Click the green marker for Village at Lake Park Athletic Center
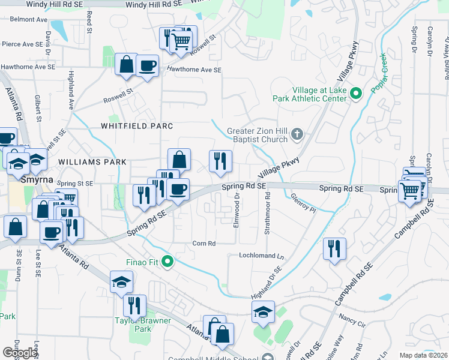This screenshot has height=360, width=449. [355, 93]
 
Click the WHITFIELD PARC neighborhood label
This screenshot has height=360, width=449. [137, 126]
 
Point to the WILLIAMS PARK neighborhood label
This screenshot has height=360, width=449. [92, 162]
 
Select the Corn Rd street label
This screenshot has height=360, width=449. [203, 243]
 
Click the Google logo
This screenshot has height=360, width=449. [19, 352]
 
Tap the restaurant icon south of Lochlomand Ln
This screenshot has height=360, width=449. [334, 248]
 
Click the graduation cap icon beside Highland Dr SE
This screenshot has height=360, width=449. [263, 312]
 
